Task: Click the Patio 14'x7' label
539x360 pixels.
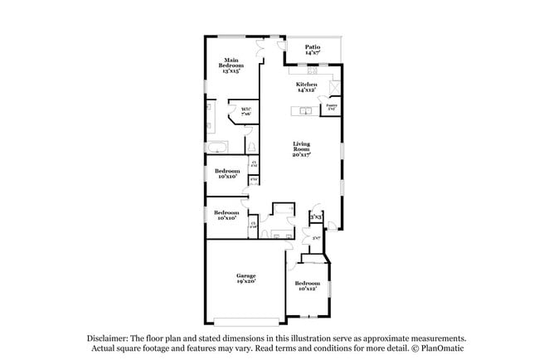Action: point(313,50)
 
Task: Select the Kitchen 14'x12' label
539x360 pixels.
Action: point(307,87)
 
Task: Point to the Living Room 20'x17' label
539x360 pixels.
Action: point(300,151)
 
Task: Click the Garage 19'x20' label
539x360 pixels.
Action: point(245,279)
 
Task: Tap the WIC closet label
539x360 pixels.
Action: point(245,111)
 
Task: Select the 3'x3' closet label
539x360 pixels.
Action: point(316,217)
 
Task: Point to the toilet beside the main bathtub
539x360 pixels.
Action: point(249,148)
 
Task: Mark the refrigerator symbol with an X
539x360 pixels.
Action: point(334,87)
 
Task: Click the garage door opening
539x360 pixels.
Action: point(245,323)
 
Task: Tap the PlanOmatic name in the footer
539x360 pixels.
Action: point(441,348)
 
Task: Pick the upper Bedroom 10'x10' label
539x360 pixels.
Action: point(227,174)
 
